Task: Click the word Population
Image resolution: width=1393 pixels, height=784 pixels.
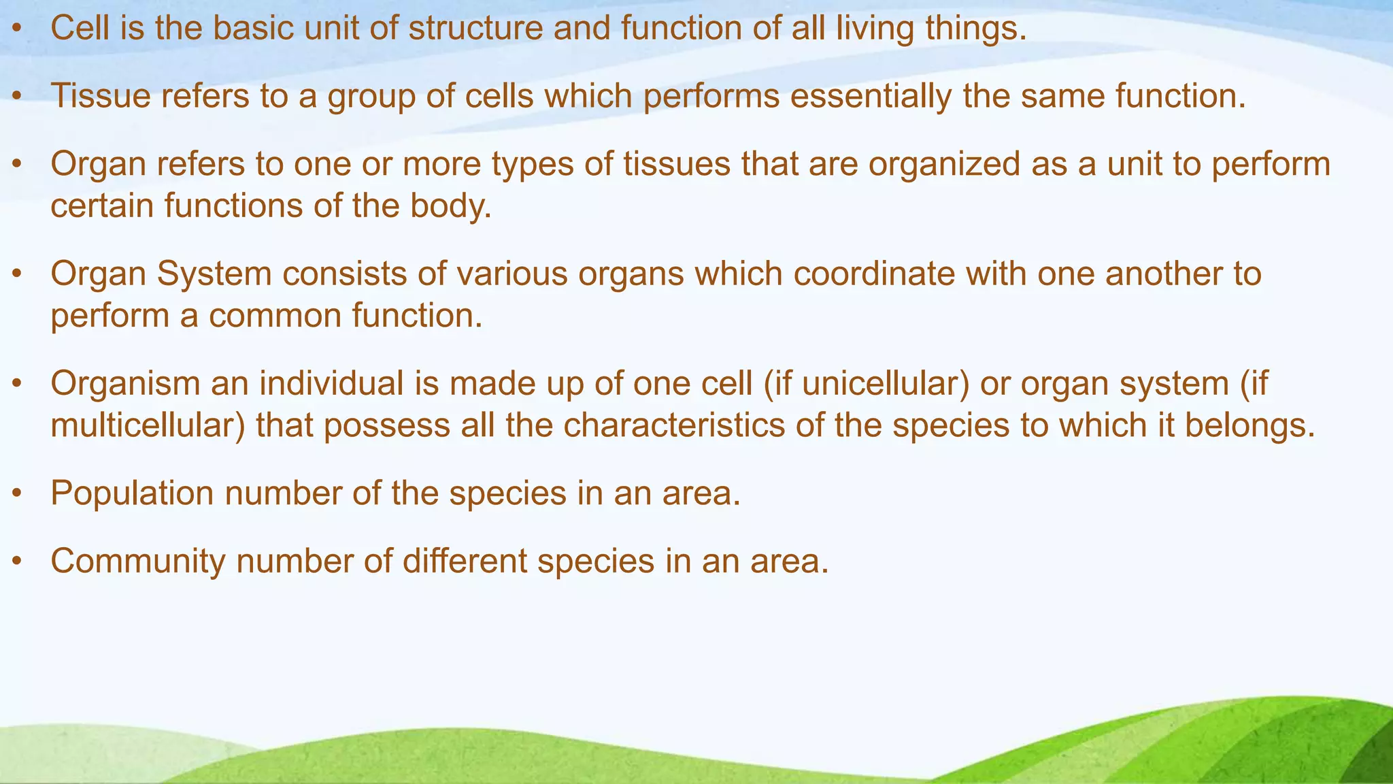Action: (x=132, y=493)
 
